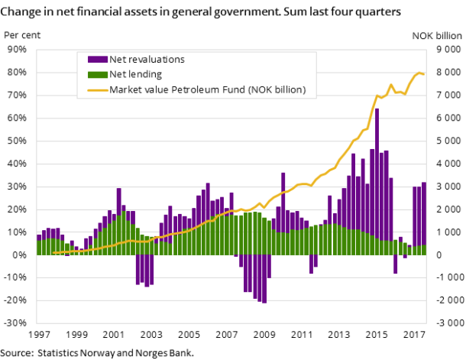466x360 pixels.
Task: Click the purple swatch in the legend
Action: (97, 60)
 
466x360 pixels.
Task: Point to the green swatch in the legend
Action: (97, 75)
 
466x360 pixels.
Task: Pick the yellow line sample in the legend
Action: (97, 90)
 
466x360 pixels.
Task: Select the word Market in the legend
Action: (126, 90)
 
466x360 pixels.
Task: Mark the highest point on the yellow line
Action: (419, 73)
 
